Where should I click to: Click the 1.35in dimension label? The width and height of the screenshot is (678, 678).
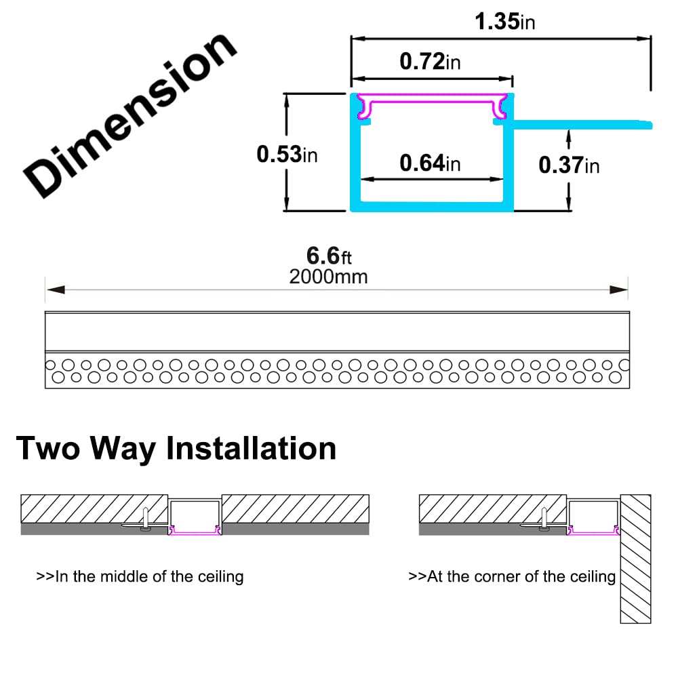click(504, 21)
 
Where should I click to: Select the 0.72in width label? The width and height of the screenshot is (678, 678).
click(430, 61)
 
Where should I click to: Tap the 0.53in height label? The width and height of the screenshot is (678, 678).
click(287, 155)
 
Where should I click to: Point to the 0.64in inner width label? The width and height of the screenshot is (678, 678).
click(430, 163)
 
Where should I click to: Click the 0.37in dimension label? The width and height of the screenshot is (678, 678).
click(569, 165)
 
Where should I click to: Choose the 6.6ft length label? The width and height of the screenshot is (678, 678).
click(329, 256)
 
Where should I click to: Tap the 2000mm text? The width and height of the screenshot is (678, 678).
click(328, 277)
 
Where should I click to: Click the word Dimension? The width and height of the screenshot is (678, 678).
click(129, 115)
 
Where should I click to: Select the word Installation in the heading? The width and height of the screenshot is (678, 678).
click(252, 448)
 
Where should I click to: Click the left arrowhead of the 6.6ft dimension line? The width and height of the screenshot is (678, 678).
click(56, 290)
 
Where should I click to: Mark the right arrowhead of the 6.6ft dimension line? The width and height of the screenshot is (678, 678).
click(618, 290)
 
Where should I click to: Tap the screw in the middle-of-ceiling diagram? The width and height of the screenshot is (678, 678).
click(146, 519)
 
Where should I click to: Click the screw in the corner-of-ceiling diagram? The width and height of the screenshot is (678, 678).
click(544, 519)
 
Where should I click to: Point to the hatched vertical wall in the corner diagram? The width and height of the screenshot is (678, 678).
click(636, 559)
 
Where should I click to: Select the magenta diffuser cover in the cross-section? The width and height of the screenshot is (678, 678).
click(432, 100)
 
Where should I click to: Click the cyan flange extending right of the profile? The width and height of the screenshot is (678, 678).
click(582, 125)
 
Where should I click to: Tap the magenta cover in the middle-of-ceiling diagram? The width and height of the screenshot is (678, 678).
click(195, 532)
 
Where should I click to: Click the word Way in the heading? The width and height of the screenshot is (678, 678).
click(123, 450)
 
